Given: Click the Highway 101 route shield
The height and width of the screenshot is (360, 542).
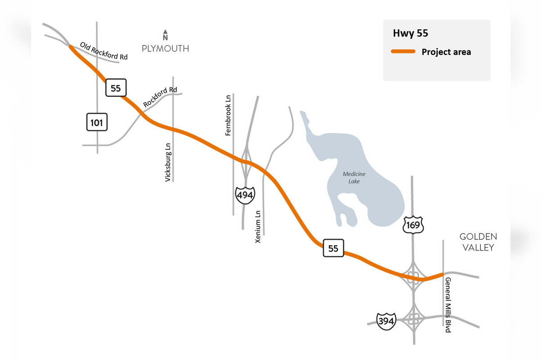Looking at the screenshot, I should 97,122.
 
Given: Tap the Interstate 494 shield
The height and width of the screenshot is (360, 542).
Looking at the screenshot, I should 245,195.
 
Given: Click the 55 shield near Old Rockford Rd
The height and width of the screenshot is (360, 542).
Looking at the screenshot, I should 116,88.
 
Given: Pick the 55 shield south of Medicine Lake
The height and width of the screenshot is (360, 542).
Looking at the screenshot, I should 333,248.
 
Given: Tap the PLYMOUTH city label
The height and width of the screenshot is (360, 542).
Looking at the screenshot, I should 165,49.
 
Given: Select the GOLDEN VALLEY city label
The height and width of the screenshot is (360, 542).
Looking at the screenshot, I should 478,242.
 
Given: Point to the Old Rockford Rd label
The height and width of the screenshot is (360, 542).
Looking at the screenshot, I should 104,51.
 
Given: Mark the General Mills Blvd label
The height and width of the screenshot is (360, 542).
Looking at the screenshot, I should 448,305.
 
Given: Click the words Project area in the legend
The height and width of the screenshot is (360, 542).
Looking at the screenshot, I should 446,52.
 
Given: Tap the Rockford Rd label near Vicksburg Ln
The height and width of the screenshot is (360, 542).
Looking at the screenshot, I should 160,97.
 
